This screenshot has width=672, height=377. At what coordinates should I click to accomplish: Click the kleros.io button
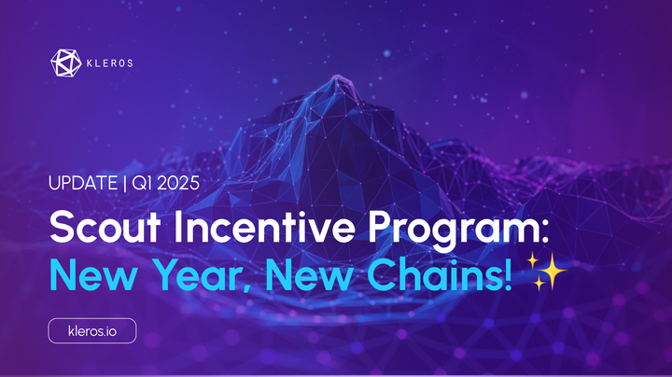point(92,330)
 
